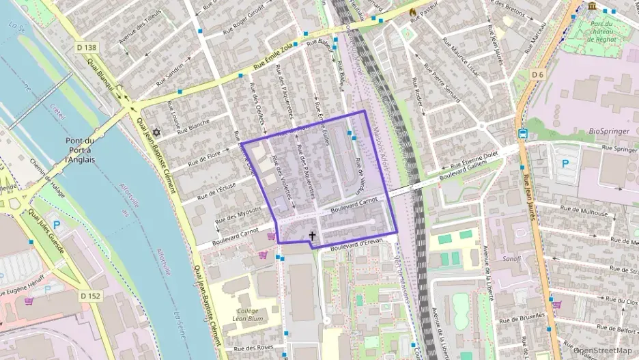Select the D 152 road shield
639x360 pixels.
(x=90, y=296)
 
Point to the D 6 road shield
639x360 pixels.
(x=539, y=74)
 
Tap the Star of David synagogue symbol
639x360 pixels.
(x=156, y=132)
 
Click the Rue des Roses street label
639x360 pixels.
(x=253, y=348)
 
